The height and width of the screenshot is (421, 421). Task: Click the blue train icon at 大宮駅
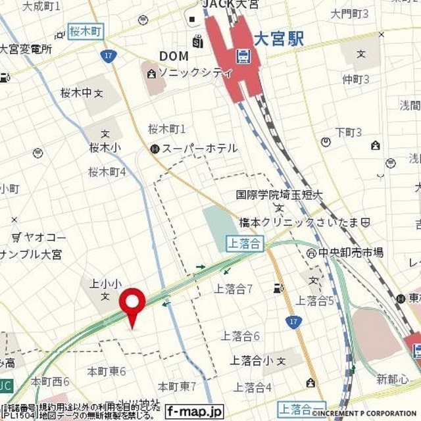(244, 57)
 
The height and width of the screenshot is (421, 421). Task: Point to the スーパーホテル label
(199, 149)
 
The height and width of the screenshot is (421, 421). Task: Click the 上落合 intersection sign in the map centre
(245, 243)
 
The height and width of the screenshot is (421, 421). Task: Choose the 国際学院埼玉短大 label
(281, 195)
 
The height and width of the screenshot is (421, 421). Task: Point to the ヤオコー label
(45, 237)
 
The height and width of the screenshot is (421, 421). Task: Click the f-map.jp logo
(194, 412)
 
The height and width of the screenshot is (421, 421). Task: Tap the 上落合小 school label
(251, 360)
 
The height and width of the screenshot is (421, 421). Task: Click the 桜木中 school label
(78, 93)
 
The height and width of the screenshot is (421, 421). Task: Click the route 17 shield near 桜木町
(109, 57)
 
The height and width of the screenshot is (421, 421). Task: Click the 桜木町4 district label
(107, 172)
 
